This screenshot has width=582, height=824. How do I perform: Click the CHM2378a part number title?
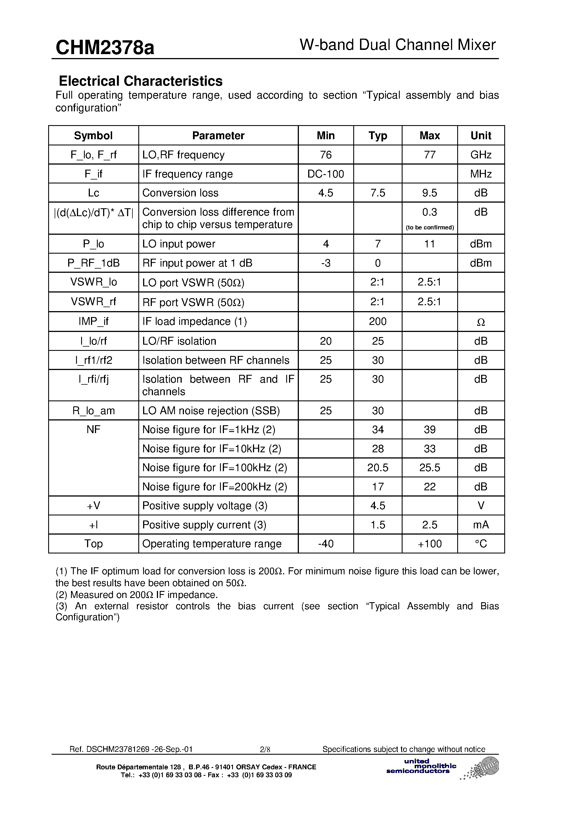105,47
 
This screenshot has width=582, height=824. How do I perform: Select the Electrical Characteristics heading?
140,81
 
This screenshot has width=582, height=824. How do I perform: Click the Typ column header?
377,136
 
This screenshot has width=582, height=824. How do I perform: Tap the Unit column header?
481,136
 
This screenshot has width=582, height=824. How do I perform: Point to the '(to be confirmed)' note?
430,227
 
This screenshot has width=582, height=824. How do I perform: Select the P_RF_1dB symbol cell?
93,263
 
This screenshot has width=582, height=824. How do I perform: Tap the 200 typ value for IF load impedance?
377,321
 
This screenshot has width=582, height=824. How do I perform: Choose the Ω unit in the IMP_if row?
481,322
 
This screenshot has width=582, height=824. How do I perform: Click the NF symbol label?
93,429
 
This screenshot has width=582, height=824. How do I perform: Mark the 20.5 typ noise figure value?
377,468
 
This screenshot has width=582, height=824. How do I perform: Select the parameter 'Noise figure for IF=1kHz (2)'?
208,429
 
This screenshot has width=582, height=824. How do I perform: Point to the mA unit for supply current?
481,525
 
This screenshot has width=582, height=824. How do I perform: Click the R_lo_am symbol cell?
93,411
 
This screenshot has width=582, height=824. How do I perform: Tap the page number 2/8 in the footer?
265,749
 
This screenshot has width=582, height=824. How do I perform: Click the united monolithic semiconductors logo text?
421,766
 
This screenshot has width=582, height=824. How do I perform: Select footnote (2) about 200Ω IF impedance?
136,595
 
